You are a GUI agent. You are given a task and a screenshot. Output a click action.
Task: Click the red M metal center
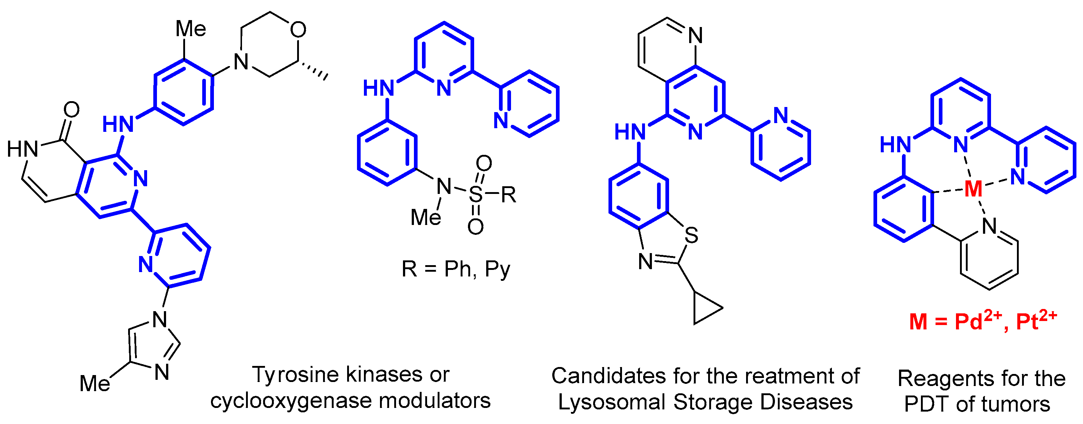(x=973, y=189)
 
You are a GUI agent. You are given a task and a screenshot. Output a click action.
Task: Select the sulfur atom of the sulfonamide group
(x=476, y=194)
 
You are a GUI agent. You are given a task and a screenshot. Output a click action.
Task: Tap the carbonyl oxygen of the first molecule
(x=72, y=110)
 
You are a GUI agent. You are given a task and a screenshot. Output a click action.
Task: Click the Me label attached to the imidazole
(x=95, y=383)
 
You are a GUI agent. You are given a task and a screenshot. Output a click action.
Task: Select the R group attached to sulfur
(x=509, y=194)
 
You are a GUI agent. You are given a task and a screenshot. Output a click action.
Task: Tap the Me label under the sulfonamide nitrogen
(x=426, y=217)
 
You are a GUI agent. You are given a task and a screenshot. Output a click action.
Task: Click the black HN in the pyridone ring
(x=23, y=149)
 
